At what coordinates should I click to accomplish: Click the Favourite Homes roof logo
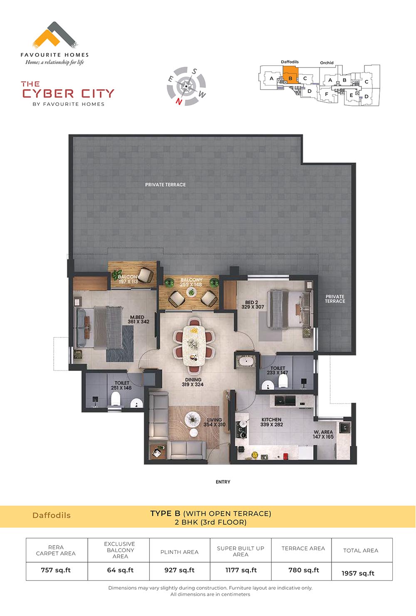pos(54,35)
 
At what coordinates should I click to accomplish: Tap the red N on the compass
pos(178,102)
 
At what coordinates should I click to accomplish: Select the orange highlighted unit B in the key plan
pos(290,75)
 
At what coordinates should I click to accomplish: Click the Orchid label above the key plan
pos(327,63)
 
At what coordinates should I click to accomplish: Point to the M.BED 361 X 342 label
pos(138,319)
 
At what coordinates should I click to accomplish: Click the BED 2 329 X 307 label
pos(253,304)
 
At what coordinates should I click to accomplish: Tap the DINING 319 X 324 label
pos(193,382)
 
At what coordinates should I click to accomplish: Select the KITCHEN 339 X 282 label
pos(271,422)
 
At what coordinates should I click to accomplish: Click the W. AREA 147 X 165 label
pos(323,434)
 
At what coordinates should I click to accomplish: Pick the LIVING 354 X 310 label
pos(214,422)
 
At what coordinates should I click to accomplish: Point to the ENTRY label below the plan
pos(223,482)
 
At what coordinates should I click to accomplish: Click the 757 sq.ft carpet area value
pos(56,570)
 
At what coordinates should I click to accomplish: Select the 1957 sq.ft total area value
pos(358,573)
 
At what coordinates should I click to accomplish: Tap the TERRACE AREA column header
pos(303,548)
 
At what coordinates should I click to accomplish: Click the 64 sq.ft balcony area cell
pos(120,570)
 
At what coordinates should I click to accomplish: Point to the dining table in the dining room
pos(194,346)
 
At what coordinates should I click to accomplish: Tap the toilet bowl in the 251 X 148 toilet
pos(116,399)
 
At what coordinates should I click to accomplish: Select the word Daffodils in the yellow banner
pos(51,515)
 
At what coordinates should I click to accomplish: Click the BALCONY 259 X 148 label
pos(191,282)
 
